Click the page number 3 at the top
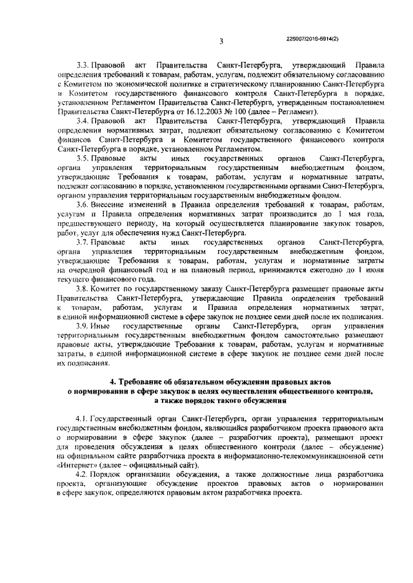point(221,41)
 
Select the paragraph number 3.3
point(83,65)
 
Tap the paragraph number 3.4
point(83,120)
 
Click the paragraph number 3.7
point(83,242)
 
